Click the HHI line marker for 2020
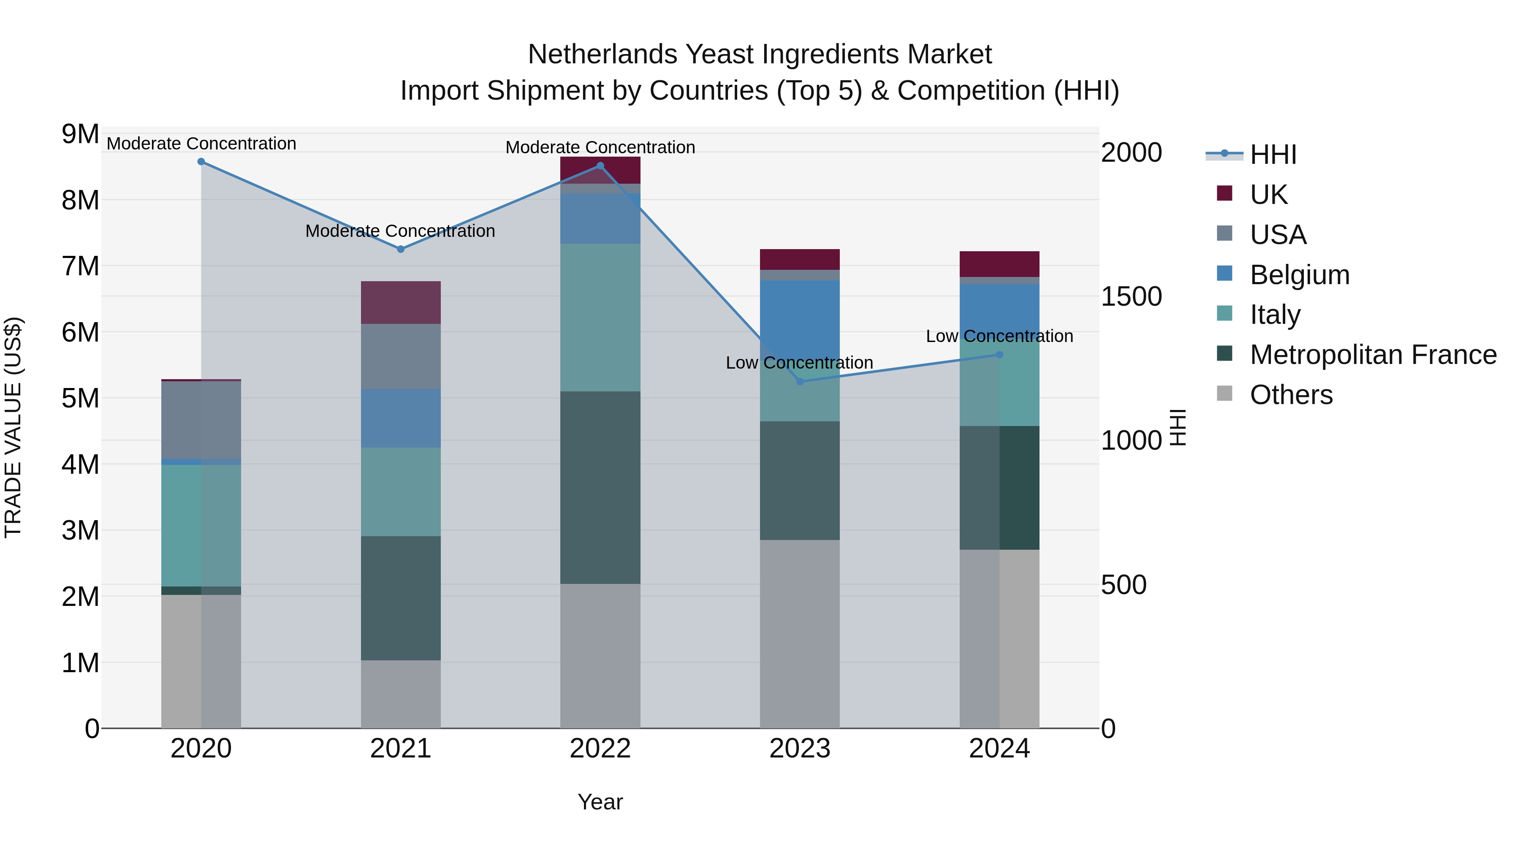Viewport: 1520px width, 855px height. click(x=201, y=162)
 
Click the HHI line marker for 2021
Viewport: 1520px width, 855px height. click(x=401, y=249)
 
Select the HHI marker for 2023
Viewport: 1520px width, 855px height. click(x=800, y=382)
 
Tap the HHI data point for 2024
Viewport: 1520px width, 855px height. click(x=999, y=355)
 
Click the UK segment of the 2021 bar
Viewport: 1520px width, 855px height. click(x=401, y=302)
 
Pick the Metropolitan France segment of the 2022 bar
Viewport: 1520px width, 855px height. click(x=600, y=487)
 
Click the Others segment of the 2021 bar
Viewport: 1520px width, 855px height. click(x=401, y=694)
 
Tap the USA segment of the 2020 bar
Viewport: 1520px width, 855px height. click(x=201, y=420)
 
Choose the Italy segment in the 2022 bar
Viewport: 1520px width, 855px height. click(x=600, y=318)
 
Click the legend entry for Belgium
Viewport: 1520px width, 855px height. click(x=1299, y=275)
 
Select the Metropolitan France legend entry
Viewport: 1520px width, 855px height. click(x=1373, y=355)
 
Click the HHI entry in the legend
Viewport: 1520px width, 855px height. click(x=1272, y=155)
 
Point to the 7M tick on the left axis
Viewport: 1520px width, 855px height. click(x=80, y=266)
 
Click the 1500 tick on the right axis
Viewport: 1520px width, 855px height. click(x=1131, y=296)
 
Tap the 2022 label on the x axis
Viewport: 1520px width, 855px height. click(x=600, y=749)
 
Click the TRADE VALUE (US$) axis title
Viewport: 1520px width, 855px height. click(x=13, y=427)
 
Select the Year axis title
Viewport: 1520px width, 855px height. click(x=600, y=802)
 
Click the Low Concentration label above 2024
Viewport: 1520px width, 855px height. click(x=999, y=337)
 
